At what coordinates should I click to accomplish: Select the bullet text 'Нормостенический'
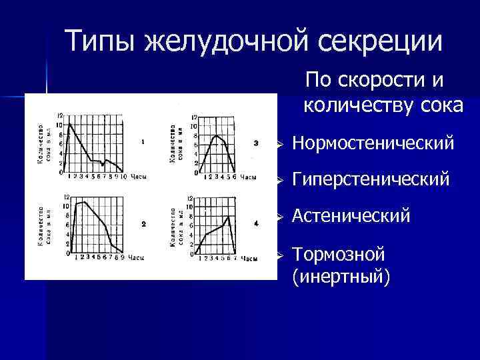tap(373, 143)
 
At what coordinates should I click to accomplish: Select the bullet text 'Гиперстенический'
tap(371, 180)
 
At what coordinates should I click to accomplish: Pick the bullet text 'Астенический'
tap(351, 217)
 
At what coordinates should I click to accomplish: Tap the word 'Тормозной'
tap(339, 254)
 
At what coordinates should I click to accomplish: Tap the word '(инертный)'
tap(340, 276)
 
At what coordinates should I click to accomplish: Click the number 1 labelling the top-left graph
tap(143, 141)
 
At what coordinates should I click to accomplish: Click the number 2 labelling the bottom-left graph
tap(143, 223)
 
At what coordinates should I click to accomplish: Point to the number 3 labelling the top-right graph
tap(256, 142)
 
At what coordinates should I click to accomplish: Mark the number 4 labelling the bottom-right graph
tap(256, 223)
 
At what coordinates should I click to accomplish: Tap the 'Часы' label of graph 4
tap(248, 257)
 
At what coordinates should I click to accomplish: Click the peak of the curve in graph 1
tap(70, 124)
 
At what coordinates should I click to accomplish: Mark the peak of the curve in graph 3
tap(216, 135)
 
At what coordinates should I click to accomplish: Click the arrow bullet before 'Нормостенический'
tap(282, 144)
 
